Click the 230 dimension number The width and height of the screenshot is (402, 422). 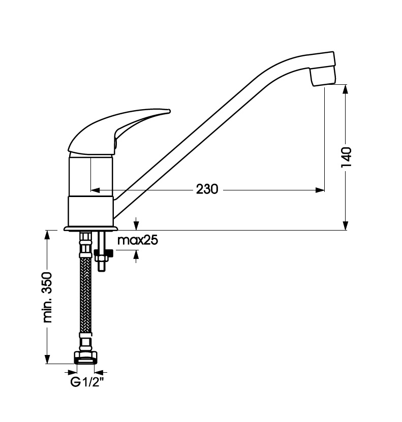click(x=207, y=189)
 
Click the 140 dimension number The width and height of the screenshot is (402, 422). click(x=346, y=157)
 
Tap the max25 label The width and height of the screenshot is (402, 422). click(x=138, y=240)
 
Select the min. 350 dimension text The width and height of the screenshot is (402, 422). click(x=47, y=297)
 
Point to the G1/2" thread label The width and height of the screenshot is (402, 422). click(x=87, y=382)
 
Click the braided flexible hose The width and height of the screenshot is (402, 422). click(x=86, y=296)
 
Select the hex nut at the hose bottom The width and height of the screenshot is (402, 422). click(x=86, y=357)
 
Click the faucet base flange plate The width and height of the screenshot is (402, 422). click(x=91, y=229)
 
